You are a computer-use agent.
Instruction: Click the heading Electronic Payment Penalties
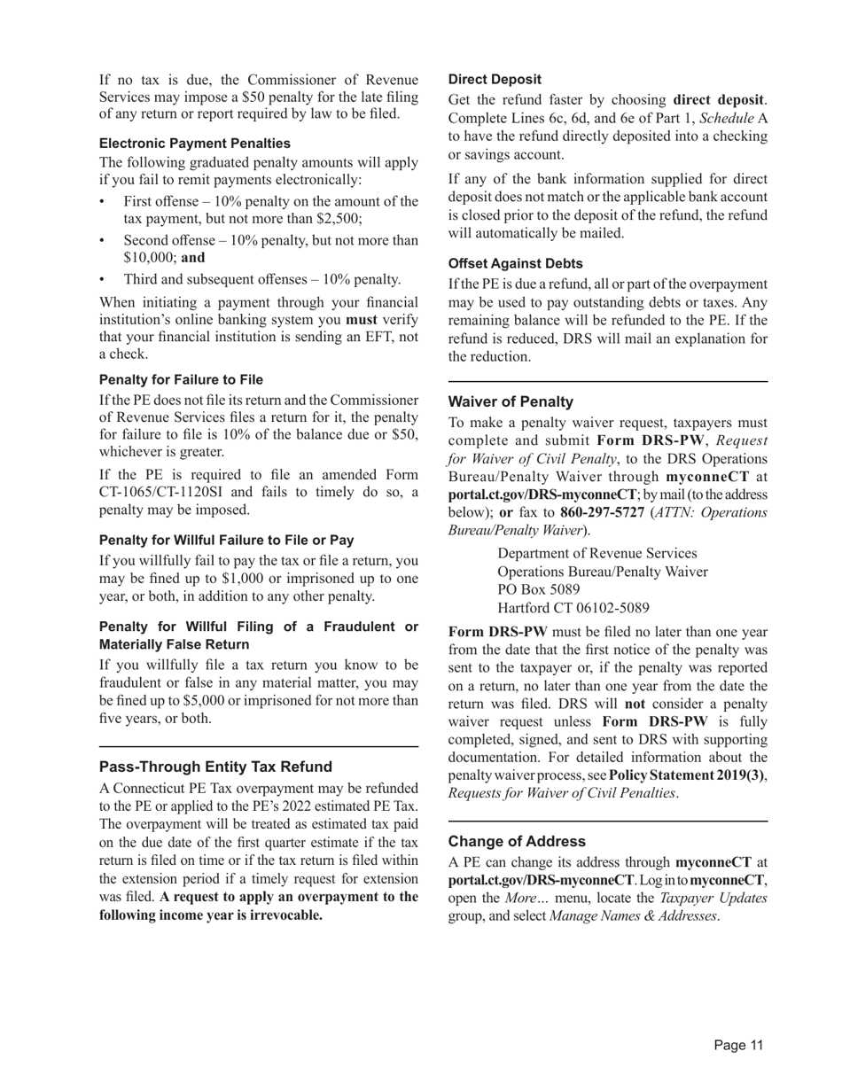point(194,144)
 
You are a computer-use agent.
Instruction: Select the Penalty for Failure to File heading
point(181,380)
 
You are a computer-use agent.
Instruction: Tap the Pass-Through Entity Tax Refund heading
point(215,767)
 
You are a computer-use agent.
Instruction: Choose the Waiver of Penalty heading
point(511,401)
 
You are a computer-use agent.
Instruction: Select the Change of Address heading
point(517,841)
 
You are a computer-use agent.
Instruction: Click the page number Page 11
point(738,1046)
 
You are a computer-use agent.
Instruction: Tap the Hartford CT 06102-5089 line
point(573,608)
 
